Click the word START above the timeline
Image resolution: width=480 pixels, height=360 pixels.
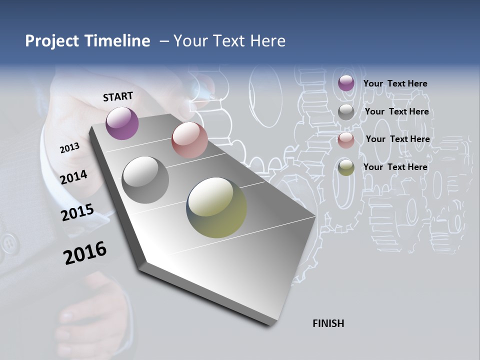coord(118,96)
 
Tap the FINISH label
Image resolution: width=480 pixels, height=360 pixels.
coord(328,323)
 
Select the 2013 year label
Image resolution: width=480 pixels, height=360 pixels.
coord(69,148)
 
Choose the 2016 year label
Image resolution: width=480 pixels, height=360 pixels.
coord(85,253)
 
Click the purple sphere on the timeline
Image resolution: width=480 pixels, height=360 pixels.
coord(122,123)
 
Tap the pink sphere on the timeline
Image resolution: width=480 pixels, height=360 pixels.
coord(189,140)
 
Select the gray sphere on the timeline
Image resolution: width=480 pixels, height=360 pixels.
coord(145,179)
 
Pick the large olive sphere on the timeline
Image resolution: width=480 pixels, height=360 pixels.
coord(217,207)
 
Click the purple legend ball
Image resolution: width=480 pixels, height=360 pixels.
coord(346,83)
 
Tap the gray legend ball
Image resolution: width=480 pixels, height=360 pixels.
coord(346,112)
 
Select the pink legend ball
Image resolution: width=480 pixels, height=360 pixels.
coord(346,140)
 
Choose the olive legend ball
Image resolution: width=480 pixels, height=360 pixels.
coord(346,168)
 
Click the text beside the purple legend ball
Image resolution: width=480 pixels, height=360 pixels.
coord(395,83)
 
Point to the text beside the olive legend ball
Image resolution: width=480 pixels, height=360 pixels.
coord(395,167)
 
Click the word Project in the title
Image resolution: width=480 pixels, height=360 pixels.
coord(52,41)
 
